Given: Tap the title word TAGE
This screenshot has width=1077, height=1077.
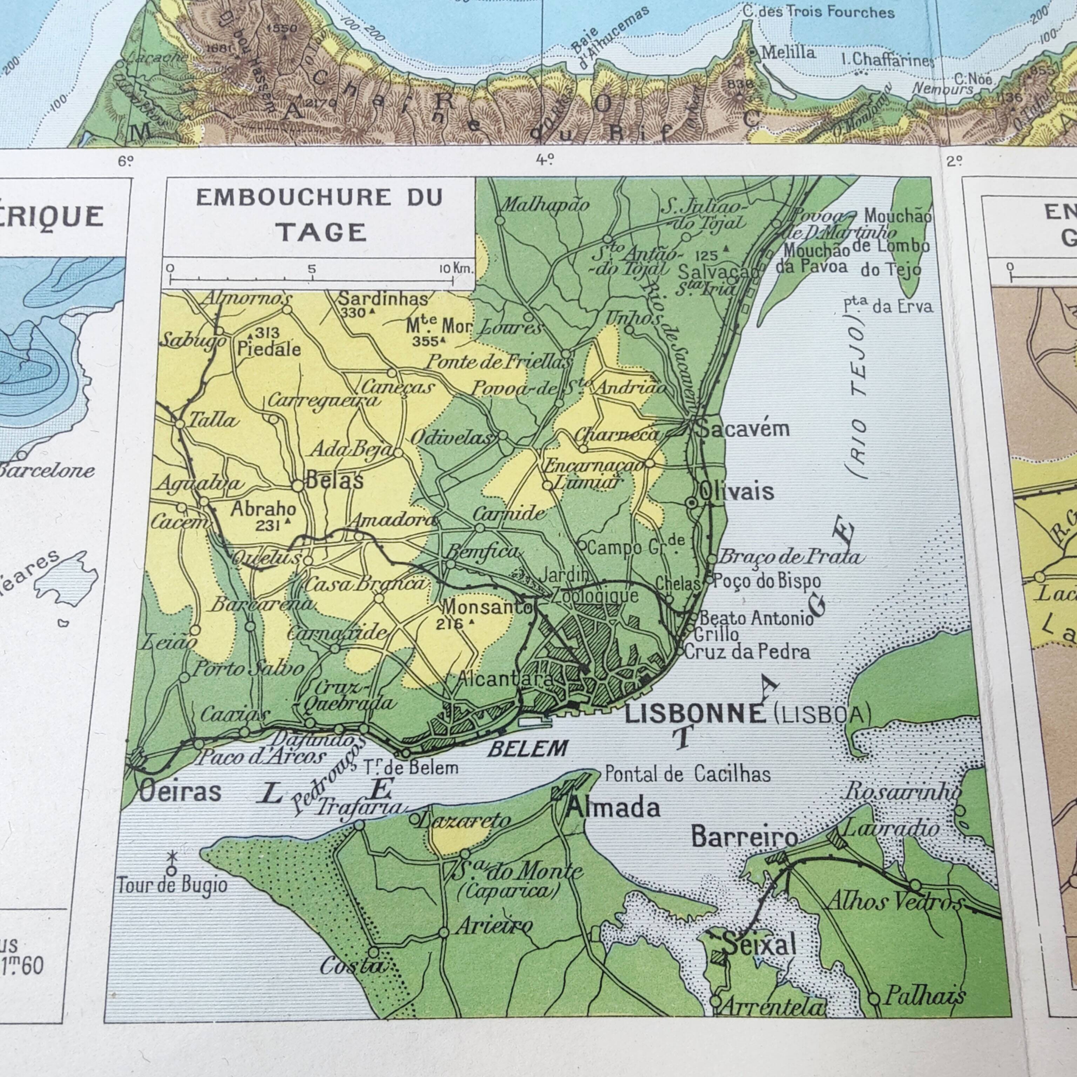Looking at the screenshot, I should [321, 232].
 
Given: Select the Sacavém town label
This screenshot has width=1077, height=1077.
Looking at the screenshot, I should [744, 429].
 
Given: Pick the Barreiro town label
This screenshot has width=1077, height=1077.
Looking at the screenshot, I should [745, 837].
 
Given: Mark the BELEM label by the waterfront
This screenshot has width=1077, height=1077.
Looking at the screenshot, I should [527, 749].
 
